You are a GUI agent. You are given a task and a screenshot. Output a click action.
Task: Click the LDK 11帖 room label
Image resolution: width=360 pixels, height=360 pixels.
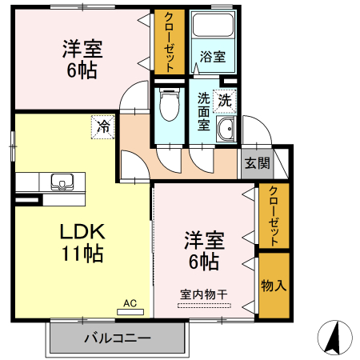click(82, 243)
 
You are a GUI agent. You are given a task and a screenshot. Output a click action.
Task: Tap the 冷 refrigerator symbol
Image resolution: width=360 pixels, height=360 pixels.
click(103, 126)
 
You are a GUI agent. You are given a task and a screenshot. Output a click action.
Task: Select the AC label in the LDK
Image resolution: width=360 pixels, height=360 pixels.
click(130, 303)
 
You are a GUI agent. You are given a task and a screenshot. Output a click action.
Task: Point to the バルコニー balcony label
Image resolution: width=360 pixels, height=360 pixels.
click(118, 338)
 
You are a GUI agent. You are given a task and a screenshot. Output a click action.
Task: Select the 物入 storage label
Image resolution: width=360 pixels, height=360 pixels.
click(273, 286)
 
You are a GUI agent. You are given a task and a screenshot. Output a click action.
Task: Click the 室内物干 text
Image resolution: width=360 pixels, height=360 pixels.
click(203, 294)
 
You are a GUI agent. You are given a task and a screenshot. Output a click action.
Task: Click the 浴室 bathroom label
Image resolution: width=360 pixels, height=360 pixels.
click(212, 58)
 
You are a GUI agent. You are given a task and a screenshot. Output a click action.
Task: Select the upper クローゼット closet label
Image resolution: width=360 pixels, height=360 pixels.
click(170, 42)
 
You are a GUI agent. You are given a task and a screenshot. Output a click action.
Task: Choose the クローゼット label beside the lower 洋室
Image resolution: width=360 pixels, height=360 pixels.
click(274, 215)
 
